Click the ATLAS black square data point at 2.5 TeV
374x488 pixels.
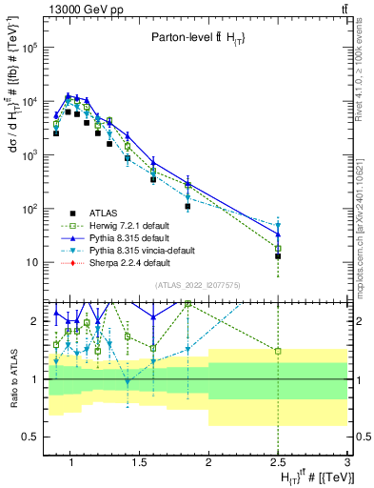pyautogui.click(x=278, y=256)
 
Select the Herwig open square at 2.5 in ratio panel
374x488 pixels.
pyautogui.click(x=278, y=351)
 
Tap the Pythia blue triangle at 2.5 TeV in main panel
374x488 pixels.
pyautogui.click(x=278, y=234)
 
